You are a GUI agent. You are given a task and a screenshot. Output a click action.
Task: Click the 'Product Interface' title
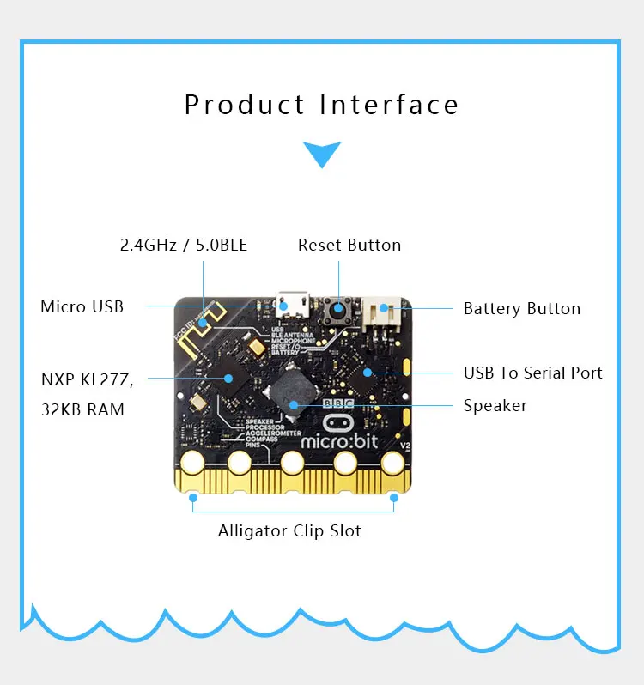pyautogui.click(x=322, y=105)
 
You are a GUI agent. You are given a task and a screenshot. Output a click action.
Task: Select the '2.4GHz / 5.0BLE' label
pyautogui.click(x=184, y=246)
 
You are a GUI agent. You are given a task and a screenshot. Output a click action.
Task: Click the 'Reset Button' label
pyautogui.click(x=349, y=246)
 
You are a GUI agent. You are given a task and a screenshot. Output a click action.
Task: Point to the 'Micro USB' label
pyautogui.click(x=82, y=306)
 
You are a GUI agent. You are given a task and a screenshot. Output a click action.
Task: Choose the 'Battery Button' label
pyautogui.click(x=522, y=308)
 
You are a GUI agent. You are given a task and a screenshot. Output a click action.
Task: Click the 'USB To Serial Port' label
pyautogui.click(x=533, y=373)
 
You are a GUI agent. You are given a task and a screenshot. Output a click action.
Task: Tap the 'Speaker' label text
pyautogui.click(x=495, y=405)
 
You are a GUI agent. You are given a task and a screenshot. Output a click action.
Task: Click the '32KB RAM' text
pyautogui.click(x=82, y=409)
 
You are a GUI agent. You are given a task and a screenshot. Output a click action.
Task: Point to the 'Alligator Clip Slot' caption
pyautogui.click(x=289, y=531)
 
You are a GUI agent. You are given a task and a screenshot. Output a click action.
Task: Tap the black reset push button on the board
pyautogui.click(x=339, y=309)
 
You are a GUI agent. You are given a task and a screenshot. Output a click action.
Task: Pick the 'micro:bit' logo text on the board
pyautogui.click(x=349, y=440)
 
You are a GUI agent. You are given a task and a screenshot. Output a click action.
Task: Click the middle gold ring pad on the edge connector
pyautogui.click(x=292, y=464)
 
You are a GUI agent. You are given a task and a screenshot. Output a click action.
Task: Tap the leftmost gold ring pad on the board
pyautogui.click(x=191, y=464)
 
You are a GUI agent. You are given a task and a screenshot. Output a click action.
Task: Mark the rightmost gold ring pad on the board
pyautogui.click(x=392, y=464)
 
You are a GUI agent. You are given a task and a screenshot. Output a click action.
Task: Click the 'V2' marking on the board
pyautogui.click(x=405, y=446)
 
